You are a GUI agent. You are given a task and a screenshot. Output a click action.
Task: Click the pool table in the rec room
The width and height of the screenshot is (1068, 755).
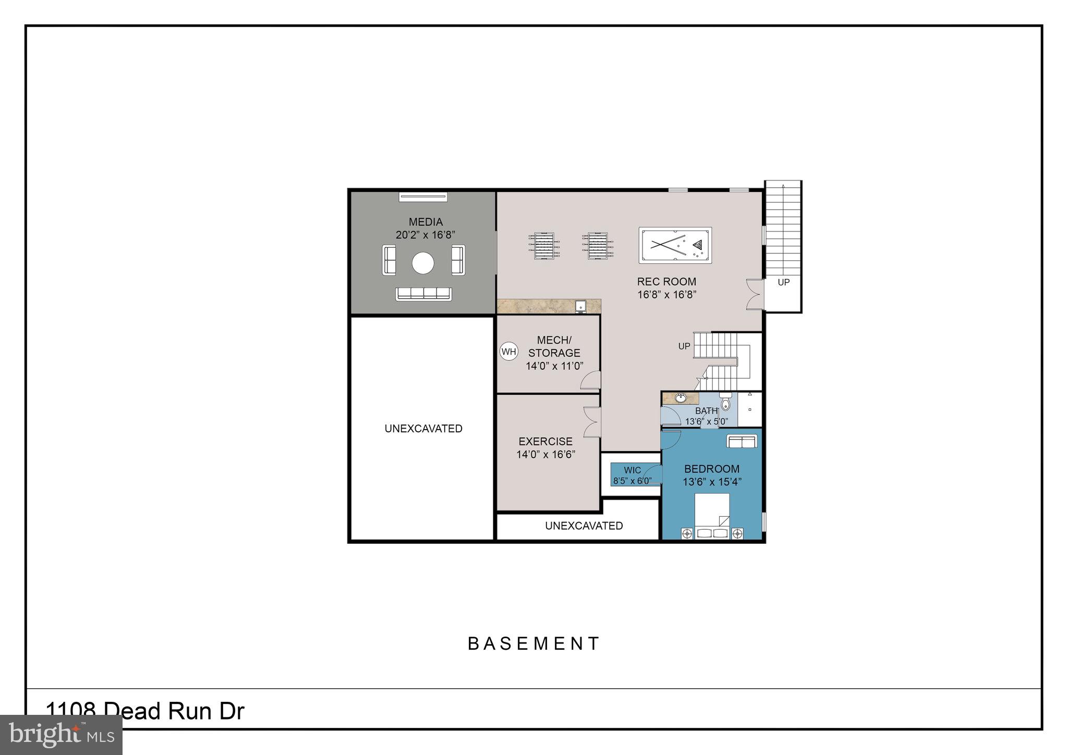[675, 245]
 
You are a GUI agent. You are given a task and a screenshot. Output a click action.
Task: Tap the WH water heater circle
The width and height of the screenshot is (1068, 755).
[508, 351]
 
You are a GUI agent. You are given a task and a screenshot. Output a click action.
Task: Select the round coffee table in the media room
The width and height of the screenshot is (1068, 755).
[423, 263]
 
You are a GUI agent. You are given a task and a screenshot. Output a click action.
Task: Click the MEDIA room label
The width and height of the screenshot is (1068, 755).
[426, 222]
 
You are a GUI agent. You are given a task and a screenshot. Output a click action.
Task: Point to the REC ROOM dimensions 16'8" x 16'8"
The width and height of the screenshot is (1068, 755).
[666, 295]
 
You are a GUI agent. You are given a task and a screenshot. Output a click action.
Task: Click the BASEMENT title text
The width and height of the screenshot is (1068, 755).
[534, 643]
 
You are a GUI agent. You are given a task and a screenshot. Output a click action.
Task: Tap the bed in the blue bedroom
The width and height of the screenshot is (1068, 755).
[712, 515]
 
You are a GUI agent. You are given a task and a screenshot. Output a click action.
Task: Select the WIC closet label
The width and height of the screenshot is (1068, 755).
[632, 470]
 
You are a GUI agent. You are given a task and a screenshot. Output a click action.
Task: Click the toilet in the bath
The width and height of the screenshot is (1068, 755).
[725, 404]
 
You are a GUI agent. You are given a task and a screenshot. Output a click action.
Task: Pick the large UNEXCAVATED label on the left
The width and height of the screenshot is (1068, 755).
[423, 429]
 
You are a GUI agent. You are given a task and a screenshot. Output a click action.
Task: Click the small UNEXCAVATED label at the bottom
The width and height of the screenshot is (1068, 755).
[584, 526]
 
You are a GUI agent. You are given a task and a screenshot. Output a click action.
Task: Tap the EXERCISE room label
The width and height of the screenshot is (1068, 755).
[545, 442]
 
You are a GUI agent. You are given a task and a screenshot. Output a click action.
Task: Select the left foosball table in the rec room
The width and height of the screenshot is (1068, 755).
[544, 246]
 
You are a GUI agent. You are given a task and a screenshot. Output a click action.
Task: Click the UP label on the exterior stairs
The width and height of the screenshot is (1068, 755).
[783, 282]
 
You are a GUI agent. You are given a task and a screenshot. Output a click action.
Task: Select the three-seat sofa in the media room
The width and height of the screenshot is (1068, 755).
[423, 294]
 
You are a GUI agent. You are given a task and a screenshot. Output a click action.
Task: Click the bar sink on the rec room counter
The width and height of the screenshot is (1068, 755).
[580, 307]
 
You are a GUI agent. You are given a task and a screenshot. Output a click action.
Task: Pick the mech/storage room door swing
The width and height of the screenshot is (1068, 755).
[591, 381]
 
